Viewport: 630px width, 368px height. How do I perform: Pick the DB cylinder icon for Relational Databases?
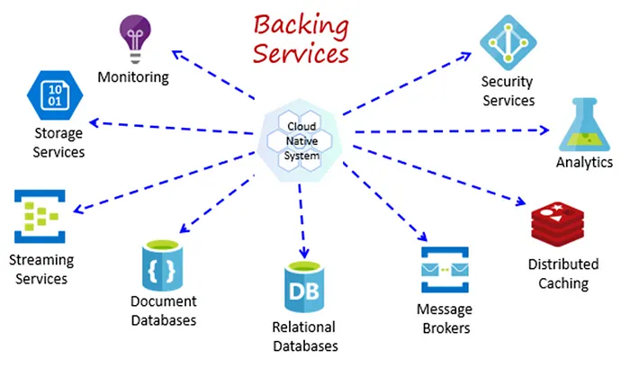303,286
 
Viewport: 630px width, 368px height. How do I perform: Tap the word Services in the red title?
300,54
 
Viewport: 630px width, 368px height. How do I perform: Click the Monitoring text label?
134,77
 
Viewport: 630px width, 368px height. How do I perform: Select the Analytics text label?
584,163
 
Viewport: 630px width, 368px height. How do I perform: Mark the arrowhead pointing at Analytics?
544,130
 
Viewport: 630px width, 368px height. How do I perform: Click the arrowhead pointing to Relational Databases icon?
303,252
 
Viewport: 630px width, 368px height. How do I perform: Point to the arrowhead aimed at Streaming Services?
77,211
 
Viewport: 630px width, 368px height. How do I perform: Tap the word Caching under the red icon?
563,283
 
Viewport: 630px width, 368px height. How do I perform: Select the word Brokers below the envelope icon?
445,328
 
